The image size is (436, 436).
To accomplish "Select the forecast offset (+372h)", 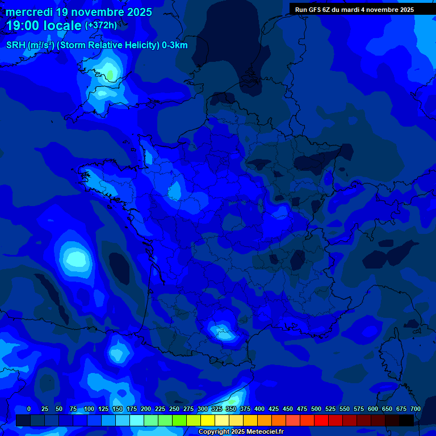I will click(x=101, y=26).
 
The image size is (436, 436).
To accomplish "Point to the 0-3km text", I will click(x=175, y=45).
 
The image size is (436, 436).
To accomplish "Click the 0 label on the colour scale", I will click(x=29, y=409).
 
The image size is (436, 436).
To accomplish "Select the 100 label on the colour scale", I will click(x=89, y=409).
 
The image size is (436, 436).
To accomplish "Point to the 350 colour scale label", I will click(x=230, y=409).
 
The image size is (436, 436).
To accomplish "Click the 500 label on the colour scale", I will click(x=316, y=409).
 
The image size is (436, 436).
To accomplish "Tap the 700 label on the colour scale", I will click(x=415, y=409).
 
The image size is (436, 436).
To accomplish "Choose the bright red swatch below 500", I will click(x=321, y=420).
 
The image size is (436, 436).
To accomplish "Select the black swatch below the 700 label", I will click(x=406, y=420).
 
